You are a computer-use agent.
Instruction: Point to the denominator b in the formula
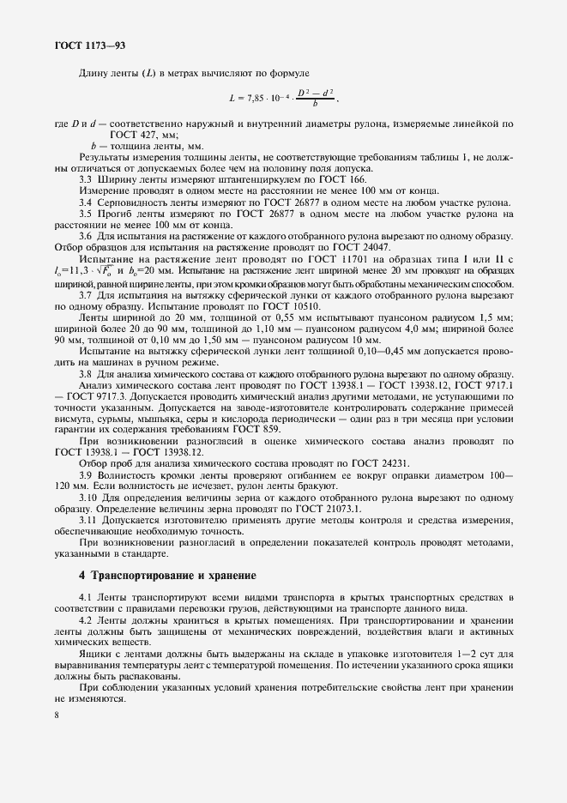[x=314, y=106]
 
